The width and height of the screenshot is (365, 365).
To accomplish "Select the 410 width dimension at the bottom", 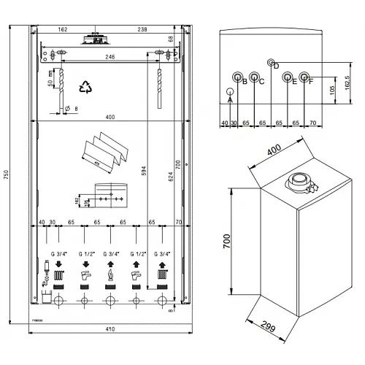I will coord(109,330).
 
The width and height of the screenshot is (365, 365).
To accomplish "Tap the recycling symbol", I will coord(88,87).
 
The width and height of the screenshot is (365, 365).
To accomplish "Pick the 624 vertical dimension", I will coord(170,175).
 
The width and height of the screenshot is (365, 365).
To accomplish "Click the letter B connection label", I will coord(245,81).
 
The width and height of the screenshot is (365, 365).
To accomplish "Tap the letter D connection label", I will coord(276,66).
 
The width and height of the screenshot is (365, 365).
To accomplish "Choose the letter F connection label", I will coord(311,81).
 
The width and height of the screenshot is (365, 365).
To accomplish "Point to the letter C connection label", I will coord(261,81).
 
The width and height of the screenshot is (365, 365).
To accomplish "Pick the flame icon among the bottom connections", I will coord(110,276).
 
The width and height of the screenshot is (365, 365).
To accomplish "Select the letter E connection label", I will coord(294,81).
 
